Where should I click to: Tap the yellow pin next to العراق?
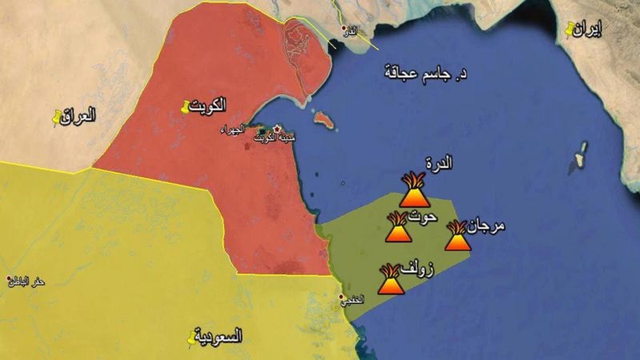(55, 118)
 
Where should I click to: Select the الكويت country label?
(210, 104)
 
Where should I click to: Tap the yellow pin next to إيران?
(570, 30)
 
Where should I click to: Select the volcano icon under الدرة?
(415, 190)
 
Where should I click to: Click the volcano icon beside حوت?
(397, 228)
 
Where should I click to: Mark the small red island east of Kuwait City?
(322, 120)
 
